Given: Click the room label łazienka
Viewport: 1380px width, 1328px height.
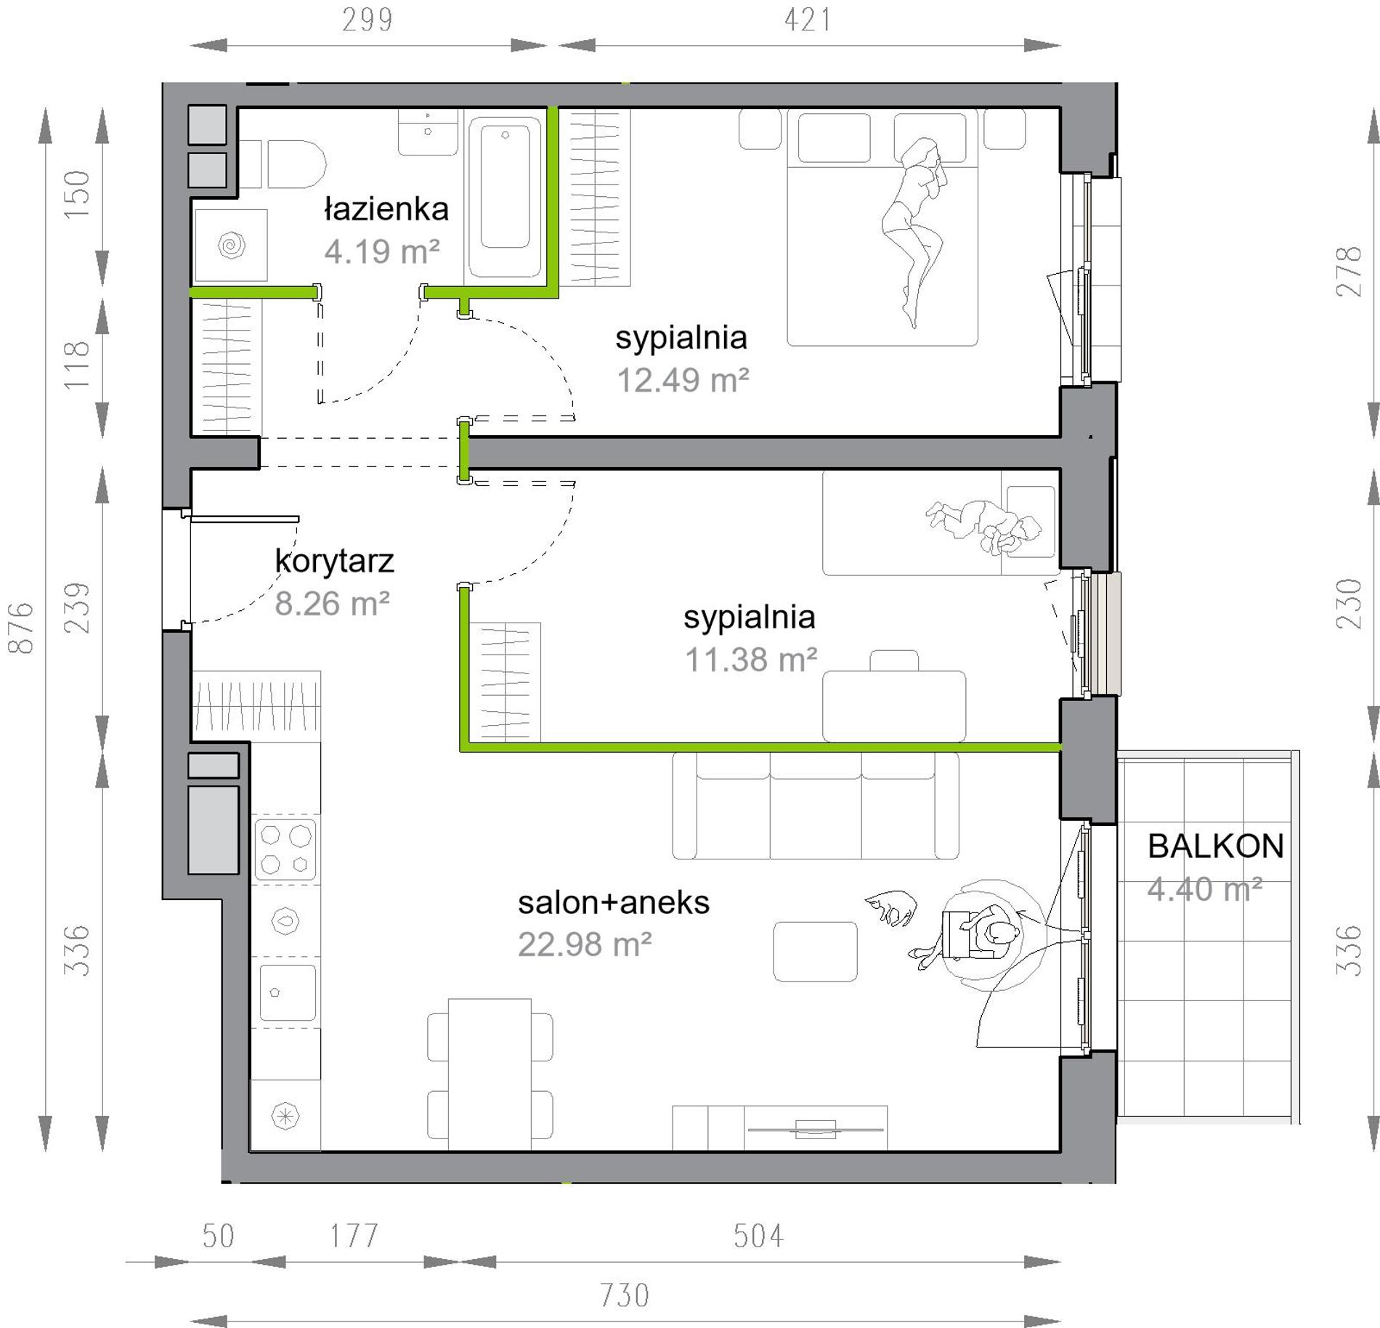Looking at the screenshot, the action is pos(386,209).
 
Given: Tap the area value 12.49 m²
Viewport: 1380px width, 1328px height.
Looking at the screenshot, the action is pos(683,380).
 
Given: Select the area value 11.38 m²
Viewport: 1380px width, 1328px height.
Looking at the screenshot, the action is pos(751,660).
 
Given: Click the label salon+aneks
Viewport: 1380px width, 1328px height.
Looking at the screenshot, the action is pos(614,903).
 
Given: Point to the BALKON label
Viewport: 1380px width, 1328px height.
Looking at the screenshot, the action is pos(1216,846).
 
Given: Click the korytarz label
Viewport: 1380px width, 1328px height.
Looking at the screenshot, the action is pos(334,561).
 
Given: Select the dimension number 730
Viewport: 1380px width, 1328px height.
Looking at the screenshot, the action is pos(625,1295).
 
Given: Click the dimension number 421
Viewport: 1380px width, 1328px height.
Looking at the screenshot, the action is pos(808,20).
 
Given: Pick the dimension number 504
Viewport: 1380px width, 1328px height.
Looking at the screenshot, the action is pos(758,1236).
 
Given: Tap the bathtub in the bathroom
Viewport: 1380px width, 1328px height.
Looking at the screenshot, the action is pos(506,197).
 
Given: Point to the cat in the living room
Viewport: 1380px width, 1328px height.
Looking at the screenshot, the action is pos(890,907).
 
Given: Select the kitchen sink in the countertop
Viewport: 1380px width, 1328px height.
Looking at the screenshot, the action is pos(287,992).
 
